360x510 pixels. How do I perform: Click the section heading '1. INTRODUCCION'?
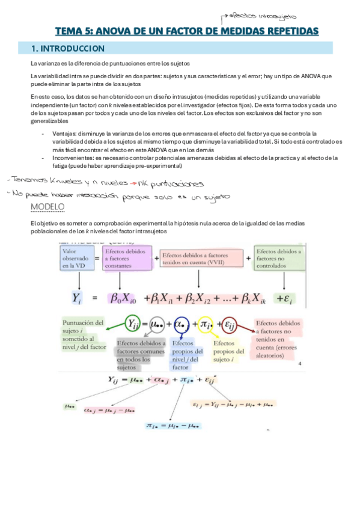pos(70,48)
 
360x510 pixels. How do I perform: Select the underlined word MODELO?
pos(47,207)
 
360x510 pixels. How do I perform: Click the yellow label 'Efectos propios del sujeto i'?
pos(228,351)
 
